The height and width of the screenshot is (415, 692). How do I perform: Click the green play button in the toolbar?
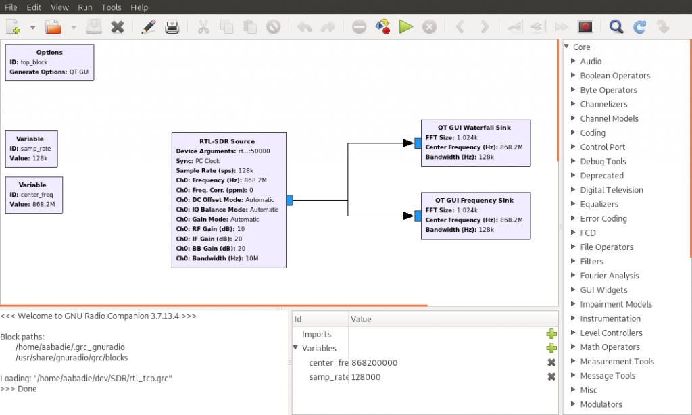pos(405,26)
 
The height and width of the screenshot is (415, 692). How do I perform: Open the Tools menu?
pos(112,7)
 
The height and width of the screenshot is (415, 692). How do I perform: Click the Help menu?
pos(139,7)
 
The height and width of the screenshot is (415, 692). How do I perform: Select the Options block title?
pos(49,52)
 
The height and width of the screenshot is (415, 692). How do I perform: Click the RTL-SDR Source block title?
pos(227,141)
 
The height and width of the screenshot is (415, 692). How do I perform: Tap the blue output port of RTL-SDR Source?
pos(289,201)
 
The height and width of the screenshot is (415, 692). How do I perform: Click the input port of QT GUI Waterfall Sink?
pos(418,143)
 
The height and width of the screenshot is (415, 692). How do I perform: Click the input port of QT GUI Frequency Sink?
pos(418,216)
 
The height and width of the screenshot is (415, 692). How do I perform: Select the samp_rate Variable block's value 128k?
pos(40,158)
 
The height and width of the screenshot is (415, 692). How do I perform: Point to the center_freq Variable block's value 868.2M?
pos(44,204)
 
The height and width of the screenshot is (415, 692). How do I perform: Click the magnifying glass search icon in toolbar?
pos(616,26)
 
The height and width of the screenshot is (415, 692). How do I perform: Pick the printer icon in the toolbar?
pos(172,26)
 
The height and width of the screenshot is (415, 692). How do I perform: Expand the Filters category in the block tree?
pos(591,262)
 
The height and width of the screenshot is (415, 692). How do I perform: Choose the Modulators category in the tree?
pos(601,404)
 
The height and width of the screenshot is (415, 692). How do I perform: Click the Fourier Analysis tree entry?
pos(610,276)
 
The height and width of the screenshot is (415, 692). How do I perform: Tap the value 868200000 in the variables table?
pos(374,362)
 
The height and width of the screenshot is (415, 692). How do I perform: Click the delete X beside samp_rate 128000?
pos(551,376)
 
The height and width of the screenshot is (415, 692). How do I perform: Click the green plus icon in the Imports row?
pos(551,334)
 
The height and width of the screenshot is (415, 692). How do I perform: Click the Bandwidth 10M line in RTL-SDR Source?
pos(217,258)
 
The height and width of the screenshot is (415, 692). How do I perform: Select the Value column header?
pos(361,319)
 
